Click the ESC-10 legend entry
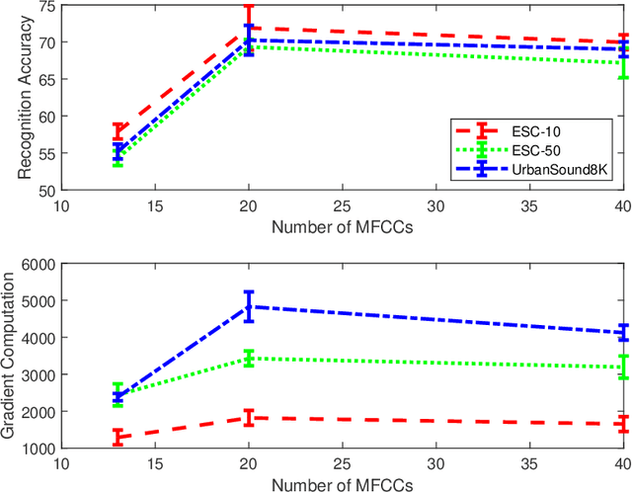[532, 128]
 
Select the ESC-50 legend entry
[532, 148]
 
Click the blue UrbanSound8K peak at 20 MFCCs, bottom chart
[249, 306]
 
